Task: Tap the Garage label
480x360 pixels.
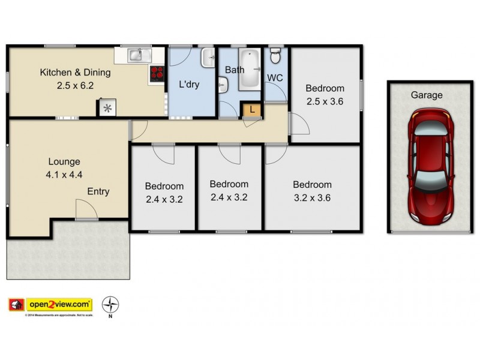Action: pyautogui.click(x=426, y=95)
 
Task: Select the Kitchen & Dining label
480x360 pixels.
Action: pyautogui.click(x=75, y=73)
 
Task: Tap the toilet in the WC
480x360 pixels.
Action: pyautogui.click(x=275, y=56)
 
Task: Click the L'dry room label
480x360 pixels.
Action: pyautogui.click(x=189, y=85)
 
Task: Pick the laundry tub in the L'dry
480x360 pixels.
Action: pyautogui.click(x=209, y=58)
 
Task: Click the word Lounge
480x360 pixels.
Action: pyautogui.click(x=64, y=161)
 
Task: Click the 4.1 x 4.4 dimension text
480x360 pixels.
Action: pyautogui.click(x=64, y=175)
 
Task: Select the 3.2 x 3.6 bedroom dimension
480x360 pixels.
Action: pyautogui.click(x=311, y=198)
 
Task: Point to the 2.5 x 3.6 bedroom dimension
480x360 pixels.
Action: pyautogui.click(x=324, y=101)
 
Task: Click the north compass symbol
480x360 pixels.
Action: pyautogui.click(x=110, y=305)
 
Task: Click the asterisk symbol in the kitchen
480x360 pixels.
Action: pyautogui.click(x=107, y=108)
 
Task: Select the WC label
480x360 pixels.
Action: pyautogui.click(x=275, y=77)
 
